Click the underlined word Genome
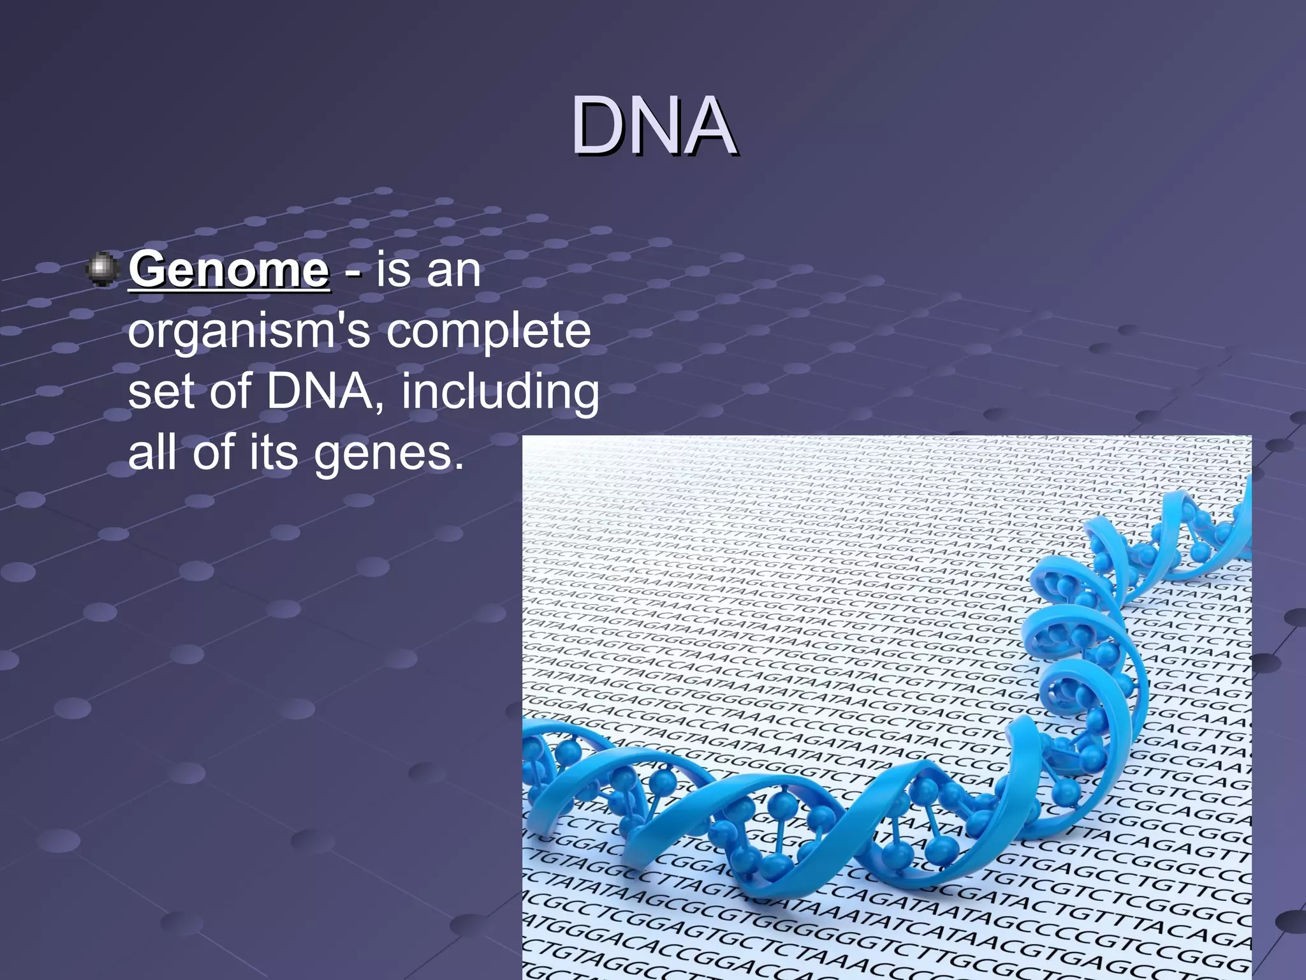coord(229,270)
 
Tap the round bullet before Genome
coord(101,269)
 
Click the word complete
coord(488,332)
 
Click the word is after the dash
coord(393,270)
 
